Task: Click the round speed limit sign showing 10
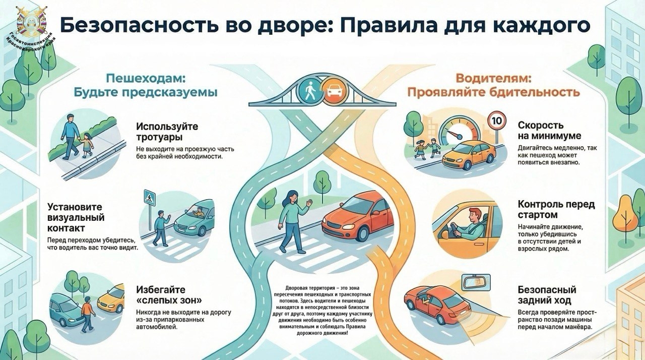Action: (496, 121)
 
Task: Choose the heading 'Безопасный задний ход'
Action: (547, 295)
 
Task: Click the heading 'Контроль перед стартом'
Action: (556, 210)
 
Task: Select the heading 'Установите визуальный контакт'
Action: (76, 218)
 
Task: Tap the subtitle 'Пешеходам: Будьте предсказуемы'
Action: (146, 86)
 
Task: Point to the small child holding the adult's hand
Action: (88, 143)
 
